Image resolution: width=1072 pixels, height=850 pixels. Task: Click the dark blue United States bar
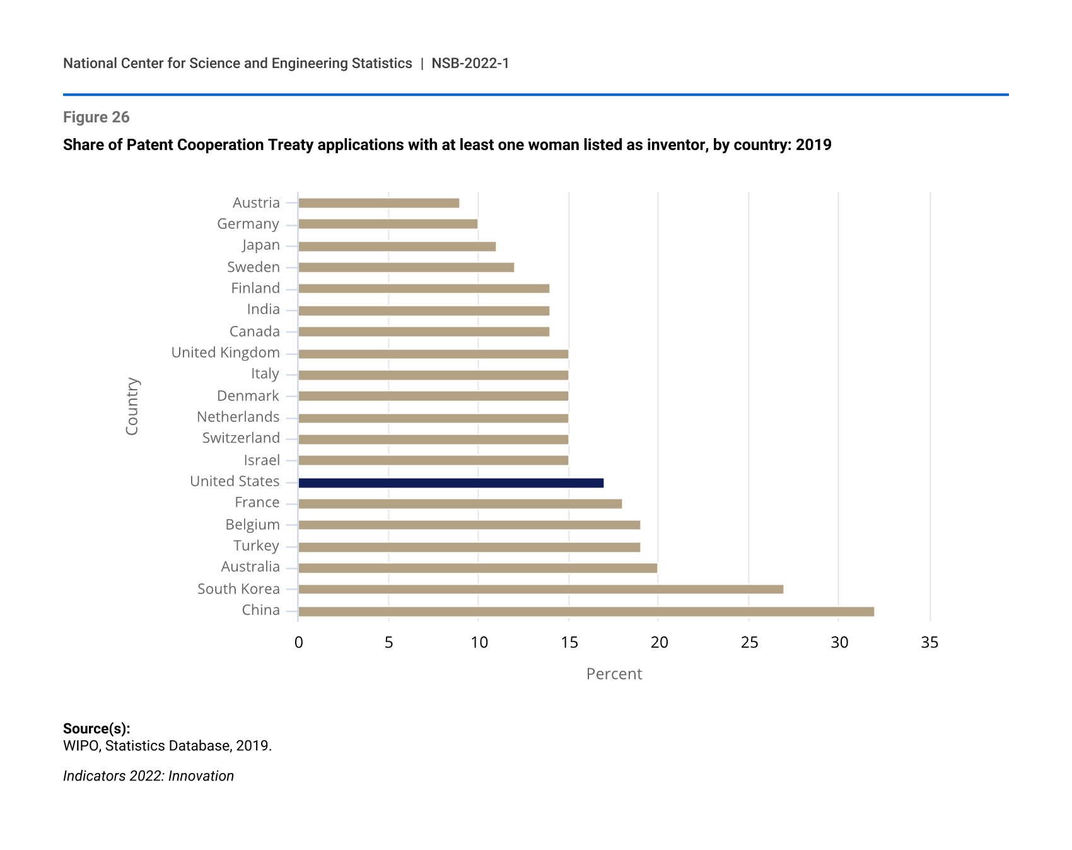click(451, 483)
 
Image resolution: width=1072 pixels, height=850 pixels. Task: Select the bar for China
click(586, 611)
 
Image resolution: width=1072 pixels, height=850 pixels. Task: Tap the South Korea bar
click(540, 589)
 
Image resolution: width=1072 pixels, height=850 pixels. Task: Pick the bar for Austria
click(378, 203)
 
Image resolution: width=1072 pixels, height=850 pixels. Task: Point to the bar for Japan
click(397, 246)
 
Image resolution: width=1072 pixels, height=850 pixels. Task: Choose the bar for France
click(460, 504)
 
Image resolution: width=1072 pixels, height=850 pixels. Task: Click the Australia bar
click(477, 568)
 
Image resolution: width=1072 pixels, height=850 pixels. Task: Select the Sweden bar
click(406, 267)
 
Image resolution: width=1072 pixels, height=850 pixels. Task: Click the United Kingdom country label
click(225, 352)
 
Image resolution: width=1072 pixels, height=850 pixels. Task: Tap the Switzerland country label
click(241, 438)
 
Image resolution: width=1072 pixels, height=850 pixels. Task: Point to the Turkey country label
click(256, 546)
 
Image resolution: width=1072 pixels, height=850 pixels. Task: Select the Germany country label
click(248, 224)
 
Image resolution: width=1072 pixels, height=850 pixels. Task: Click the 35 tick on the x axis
click(929, 643)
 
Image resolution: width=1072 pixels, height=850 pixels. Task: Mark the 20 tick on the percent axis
click(659, 643)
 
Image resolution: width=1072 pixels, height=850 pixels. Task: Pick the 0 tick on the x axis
click(298, 643)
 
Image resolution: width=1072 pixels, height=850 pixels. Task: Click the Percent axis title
click(614, 674)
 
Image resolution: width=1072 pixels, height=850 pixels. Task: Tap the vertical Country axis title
click(132, 406)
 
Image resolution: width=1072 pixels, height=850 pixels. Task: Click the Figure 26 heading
click(96, 117)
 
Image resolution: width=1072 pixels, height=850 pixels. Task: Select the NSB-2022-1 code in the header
click(470, 64)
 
